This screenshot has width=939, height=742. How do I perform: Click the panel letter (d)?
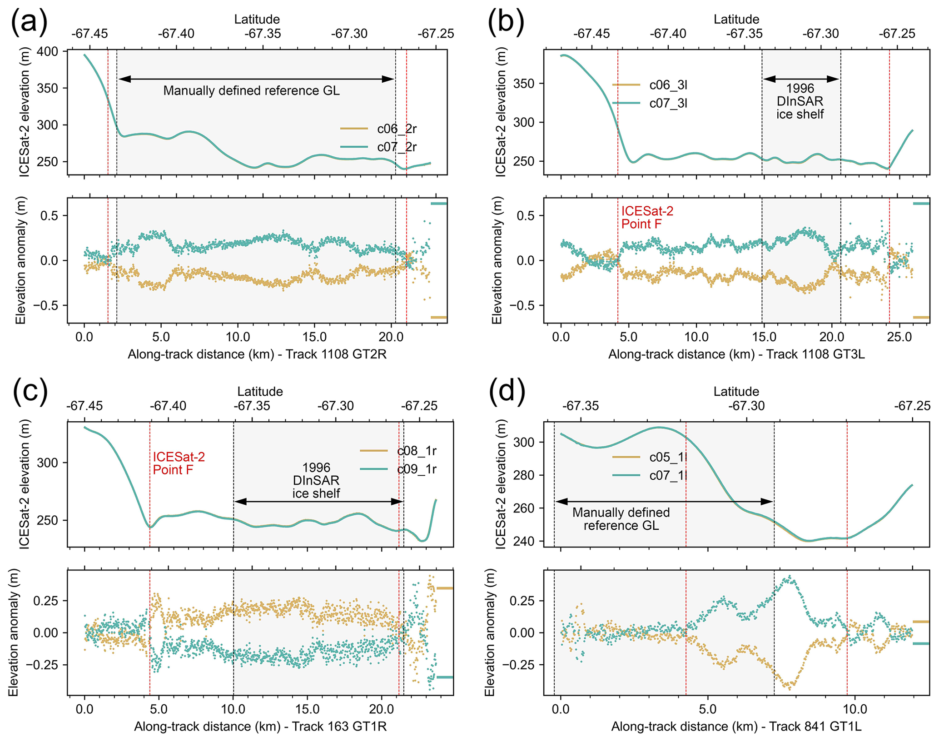pos(507,392)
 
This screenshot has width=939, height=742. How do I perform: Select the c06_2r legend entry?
pos(397,129)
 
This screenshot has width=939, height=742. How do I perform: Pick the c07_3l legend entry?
pos(668,104)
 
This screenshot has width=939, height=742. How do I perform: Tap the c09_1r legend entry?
pos(417,469)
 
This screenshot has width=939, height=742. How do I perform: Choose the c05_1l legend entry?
pos(668,457)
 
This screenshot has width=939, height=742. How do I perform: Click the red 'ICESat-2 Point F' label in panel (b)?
pos(647,217)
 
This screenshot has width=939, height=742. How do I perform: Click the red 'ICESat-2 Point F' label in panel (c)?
pos(179,463)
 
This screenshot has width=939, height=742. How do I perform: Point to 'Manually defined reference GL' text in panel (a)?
pos(251,91)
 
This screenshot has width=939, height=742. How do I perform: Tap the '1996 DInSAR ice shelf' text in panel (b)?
pos(800,101)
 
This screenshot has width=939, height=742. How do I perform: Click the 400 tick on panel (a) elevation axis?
pos(48,52)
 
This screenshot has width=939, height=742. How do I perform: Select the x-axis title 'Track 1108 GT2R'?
pos(257,354)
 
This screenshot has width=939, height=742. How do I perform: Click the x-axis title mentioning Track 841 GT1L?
pos(736,727)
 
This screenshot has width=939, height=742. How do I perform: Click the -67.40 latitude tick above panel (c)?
pos(168,406)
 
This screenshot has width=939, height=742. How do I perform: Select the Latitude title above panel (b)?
pos(736,19)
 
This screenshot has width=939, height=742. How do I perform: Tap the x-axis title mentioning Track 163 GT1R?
pos(260,727)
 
